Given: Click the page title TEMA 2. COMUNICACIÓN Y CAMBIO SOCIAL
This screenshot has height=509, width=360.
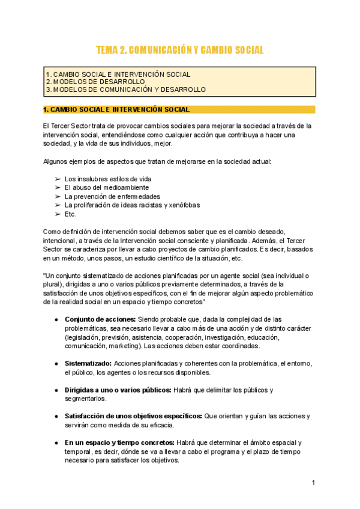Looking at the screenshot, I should [180, 50].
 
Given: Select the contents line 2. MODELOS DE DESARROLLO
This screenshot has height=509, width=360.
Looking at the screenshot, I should [95, 82].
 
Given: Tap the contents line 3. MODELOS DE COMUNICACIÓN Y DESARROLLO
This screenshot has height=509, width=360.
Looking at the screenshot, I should [126, 89].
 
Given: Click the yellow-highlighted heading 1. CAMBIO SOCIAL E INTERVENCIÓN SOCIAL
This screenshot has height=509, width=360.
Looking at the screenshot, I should [117, 110].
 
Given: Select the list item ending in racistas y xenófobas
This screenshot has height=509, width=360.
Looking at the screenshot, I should [132, 205].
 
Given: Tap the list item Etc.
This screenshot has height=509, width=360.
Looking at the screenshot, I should [71, 214].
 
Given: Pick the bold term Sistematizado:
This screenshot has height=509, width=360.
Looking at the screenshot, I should [88, 363].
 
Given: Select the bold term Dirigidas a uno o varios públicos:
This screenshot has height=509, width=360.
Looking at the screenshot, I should [118, 390].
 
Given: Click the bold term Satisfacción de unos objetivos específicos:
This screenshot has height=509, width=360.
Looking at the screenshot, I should [133, 416].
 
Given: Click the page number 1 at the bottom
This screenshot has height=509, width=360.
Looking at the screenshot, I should [313, 483].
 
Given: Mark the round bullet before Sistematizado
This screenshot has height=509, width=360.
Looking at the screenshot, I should [56, 363].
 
